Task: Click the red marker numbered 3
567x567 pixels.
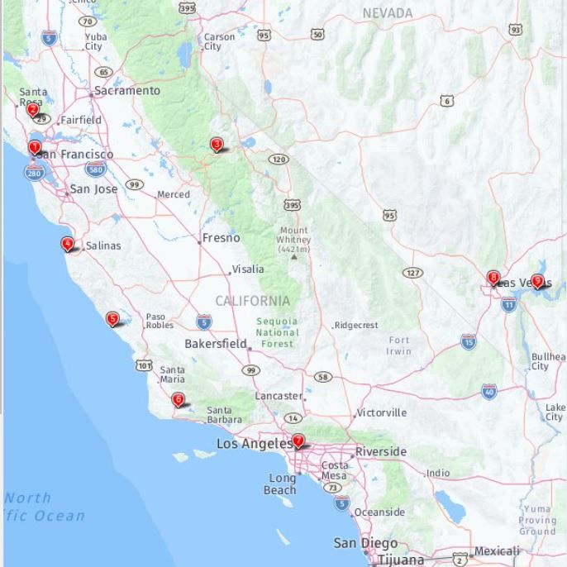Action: click(x=217, y=145)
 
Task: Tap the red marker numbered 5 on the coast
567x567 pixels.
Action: click(x=112, y=319)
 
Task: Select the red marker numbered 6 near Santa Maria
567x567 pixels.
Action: click(x=178, y=400)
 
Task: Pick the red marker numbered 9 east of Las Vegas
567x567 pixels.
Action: click(x=537, y=281)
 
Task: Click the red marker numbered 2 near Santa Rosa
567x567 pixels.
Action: click(x=33, y=109)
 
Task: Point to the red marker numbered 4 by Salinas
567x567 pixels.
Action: click(x=67, y=244)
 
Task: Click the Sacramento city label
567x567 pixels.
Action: click(x=126, y=90)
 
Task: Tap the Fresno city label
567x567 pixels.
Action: click(x=221, y=238)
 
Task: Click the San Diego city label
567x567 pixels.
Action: click(x=364, y=543)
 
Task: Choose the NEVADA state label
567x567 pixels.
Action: click(x=387, y=13)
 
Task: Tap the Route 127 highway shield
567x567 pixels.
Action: click(x=412, y=273)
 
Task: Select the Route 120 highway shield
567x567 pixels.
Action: click(x=279, y=159)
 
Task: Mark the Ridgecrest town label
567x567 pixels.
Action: click(x=356, y=326)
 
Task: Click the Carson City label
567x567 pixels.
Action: click(x=219, y=41)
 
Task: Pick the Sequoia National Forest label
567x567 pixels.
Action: click(x=277, y=332)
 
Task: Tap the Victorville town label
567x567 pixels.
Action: click(x=382, y=412)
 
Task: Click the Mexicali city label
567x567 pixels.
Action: click(x=497, y=551)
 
